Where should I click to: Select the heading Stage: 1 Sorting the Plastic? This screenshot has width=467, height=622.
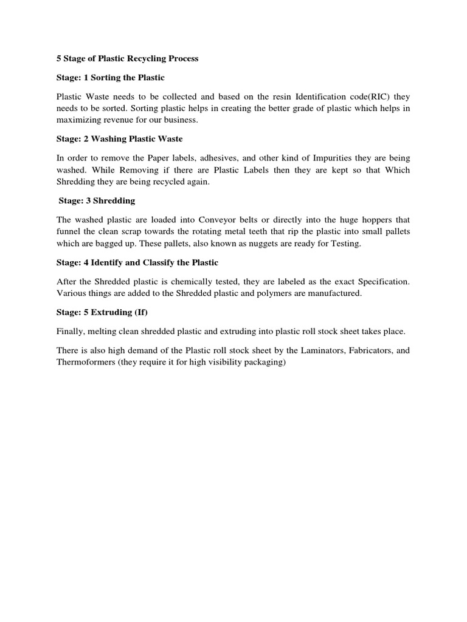[111, 78]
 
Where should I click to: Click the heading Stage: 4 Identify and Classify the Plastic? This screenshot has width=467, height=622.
[137, 263]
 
